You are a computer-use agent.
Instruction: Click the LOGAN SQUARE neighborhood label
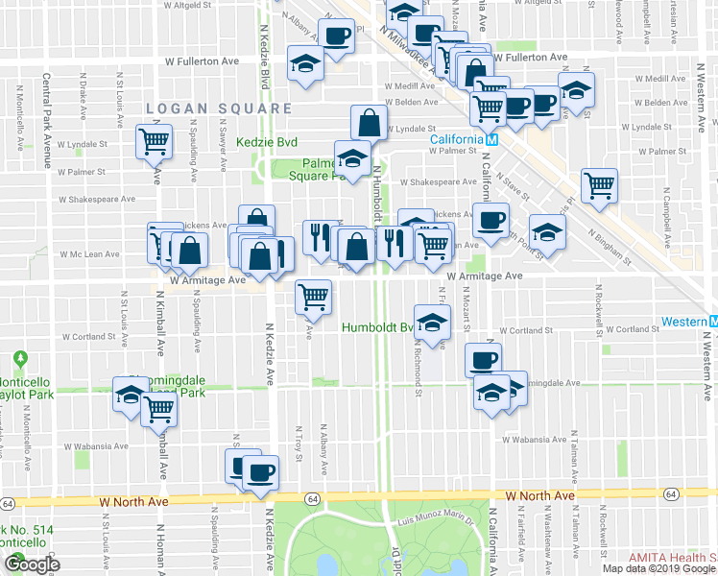(x=220, y=108)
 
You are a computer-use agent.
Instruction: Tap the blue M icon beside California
(x=491, y=139)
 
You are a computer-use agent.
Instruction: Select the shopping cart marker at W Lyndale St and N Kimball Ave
(x=154, y=142)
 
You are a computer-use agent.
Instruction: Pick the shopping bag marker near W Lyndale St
(x=370, y=123)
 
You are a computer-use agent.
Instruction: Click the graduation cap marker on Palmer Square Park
(x=352, y=158)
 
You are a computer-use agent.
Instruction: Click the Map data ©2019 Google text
(x=659, y=568)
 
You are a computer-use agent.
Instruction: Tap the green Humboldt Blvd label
(x=377, y=327)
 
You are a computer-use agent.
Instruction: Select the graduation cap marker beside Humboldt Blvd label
(x=432, y=323)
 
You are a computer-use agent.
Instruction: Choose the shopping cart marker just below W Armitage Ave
(x=313, y=298)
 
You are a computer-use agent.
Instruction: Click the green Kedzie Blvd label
(x=274, y=142)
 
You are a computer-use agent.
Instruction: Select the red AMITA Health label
(x=672, y=558)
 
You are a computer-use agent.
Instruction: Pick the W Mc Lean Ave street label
(x=88, y=254)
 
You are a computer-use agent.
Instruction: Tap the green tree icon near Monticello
(x=19, y=360)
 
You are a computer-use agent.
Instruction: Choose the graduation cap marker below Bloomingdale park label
(x=130, y=395)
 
